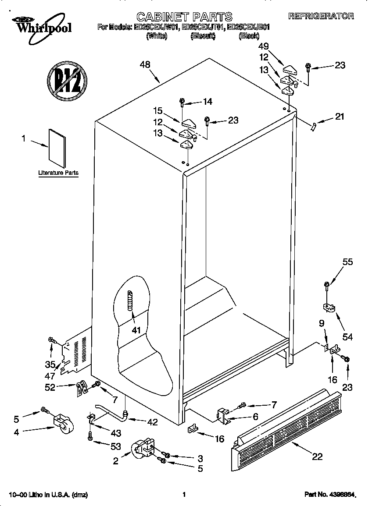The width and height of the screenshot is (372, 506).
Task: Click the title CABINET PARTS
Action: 184,17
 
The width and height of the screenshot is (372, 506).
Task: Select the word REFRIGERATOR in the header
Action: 321,16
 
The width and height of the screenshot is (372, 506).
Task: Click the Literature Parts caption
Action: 58,173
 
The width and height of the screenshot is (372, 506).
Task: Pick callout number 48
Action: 145,65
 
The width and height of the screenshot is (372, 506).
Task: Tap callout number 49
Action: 264,46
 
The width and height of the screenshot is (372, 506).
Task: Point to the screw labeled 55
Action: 326,285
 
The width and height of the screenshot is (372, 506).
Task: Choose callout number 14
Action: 207,102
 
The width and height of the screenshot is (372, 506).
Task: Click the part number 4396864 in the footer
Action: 329,495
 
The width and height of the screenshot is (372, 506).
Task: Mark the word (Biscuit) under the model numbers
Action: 203,36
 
